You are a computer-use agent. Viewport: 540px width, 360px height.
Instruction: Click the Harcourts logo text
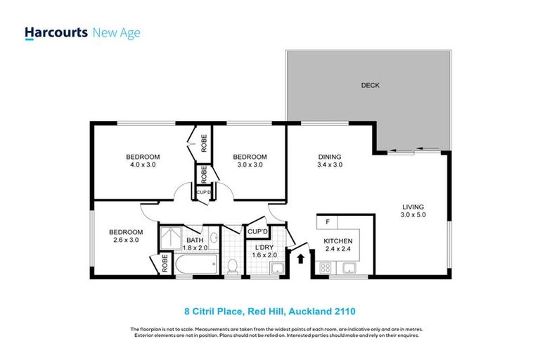(x=56, y=33)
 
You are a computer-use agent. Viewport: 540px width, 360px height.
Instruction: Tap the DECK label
(x=370, y=86)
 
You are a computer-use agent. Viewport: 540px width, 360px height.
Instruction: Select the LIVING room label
(x=413, y=210)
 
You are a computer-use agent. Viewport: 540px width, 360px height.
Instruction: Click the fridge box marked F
(x=327, y=223)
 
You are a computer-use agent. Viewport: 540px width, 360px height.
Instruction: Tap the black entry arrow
(x=302, y=259)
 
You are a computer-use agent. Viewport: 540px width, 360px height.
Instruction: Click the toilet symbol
(x=233, y=265)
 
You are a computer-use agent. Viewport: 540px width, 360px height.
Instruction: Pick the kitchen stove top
(x=326, y=267)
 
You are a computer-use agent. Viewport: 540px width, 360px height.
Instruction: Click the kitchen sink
(x=348, y=267)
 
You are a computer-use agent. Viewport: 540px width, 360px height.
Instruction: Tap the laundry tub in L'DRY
(x=276, y=267)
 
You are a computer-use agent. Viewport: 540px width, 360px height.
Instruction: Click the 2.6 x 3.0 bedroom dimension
(x=125, y=240)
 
